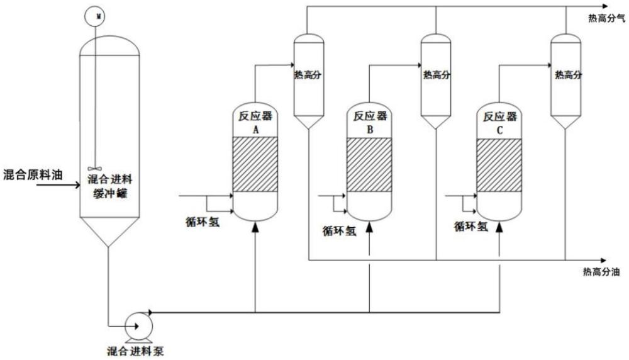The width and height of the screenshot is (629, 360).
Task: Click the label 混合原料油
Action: click(x=33, y=174)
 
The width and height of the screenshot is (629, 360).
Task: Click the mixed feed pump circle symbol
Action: click(x=136, y=325)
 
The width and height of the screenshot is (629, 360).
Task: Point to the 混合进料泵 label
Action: click(x=136, y=351)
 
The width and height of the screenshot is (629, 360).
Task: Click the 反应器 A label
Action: click(x=255, y=122)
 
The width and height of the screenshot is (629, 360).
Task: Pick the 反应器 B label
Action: click(x=370, y=123)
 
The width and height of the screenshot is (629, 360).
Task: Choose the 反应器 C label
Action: click(x=499, y=123)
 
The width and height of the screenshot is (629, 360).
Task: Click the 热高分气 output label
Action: click(x=603, y=18)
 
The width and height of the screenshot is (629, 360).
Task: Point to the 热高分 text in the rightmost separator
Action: click(x=568, y=75)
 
